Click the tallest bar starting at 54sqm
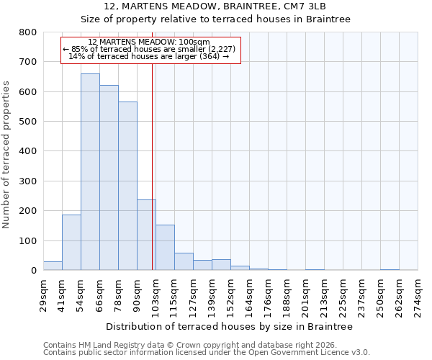click(90, 172)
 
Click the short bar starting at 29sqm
click(53, 266)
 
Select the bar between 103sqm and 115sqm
click(165, 248)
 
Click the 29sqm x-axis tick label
click(44, 292)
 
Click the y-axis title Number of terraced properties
click(6, 154)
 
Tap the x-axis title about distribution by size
click(234, 327)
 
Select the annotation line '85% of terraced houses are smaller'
click(150, 49)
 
